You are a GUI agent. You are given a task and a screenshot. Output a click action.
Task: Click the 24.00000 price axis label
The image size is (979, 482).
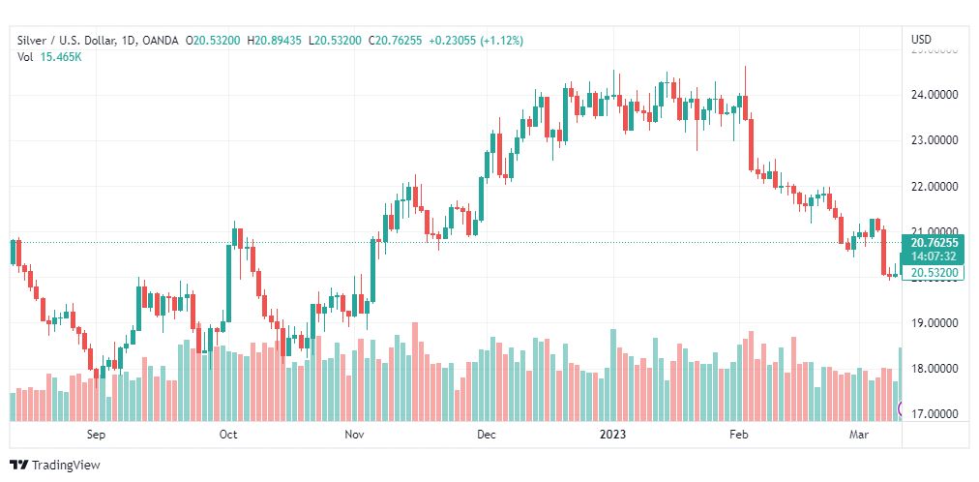pos(935,95)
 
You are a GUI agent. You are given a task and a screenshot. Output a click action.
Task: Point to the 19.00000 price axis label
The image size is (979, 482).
pos(935,322)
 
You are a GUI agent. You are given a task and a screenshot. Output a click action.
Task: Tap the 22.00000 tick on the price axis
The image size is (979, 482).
pos(935,186)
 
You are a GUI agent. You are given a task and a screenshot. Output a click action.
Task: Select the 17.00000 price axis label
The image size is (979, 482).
pos(935,414)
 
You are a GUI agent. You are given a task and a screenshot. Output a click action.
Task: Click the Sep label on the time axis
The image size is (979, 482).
pos(95,435)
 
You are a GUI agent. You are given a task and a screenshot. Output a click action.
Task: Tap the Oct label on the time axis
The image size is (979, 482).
pos(228,435)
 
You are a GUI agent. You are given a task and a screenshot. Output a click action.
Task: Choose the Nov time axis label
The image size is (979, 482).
pos(354,435)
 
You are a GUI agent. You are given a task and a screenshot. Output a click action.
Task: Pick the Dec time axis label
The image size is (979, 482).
pos(486,435)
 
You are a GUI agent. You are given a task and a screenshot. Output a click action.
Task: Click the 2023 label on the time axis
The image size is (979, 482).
pos(613,435)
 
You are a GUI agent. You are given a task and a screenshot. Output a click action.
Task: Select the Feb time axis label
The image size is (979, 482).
pos(739,435)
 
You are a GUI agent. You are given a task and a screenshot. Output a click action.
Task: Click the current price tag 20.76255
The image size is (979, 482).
pos(934,243)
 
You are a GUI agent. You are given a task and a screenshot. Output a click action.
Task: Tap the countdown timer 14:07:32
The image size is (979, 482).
pos(934,256)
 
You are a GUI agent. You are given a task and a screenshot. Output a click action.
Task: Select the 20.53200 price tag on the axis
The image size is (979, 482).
pos(934,274)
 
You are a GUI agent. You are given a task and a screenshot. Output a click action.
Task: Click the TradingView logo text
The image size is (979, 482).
pos(66,466)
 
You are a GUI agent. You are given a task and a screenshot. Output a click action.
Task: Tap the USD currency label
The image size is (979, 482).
pos(921,40)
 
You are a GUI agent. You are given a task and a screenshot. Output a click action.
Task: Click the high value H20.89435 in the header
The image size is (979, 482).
pos(275,40)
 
